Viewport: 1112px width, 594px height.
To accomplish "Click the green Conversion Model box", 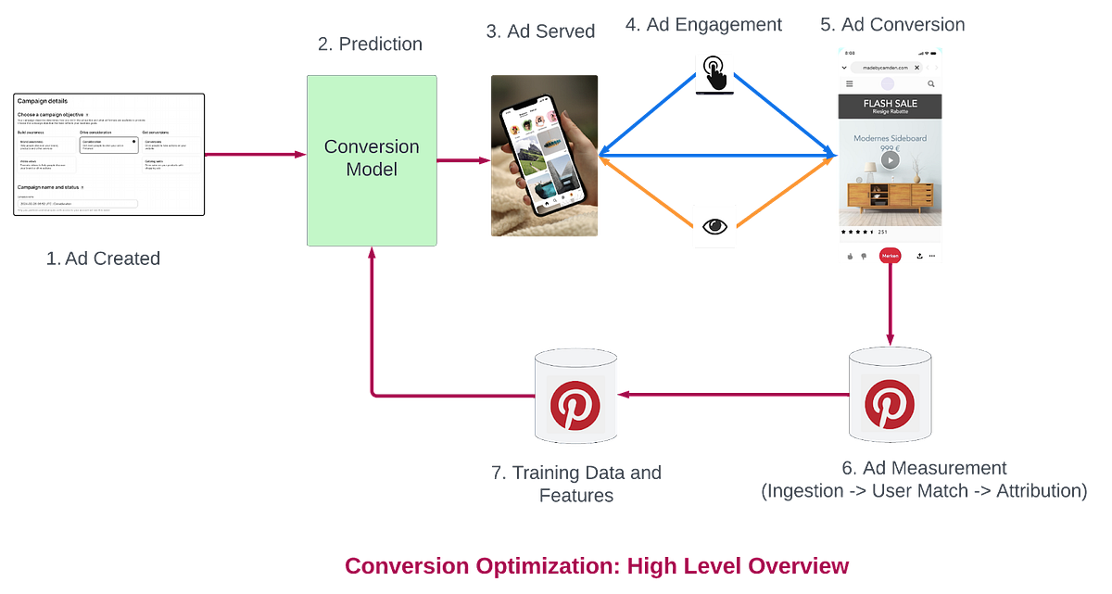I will click(x=372, y=159).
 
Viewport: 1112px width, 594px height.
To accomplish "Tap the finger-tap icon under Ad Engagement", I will click(x=714, y=71).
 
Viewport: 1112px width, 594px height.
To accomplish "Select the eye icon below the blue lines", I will click(x=714, y=225).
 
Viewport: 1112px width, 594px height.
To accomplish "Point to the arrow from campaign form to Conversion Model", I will click(x=255, y=154).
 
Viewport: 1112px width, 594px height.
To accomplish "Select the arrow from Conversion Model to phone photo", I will click(x=463, y=159).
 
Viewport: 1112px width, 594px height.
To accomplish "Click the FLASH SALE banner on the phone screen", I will click(x=890, y=107).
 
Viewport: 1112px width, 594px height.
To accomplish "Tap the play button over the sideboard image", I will click(x=890, y=159).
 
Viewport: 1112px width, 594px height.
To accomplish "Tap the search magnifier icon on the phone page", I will click(x=931, y=84).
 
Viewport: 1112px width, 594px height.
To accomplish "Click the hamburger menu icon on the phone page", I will click(x=849, y=84).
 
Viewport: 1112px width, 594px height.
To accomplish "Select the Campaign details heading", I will click(x=43, y=101).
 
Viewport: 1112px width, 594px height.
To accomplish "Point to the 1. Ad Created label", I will click(x=103, y=259).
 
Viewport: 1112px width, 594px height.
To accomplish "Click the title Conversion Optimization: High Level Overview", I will click(x=596, y=564).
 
